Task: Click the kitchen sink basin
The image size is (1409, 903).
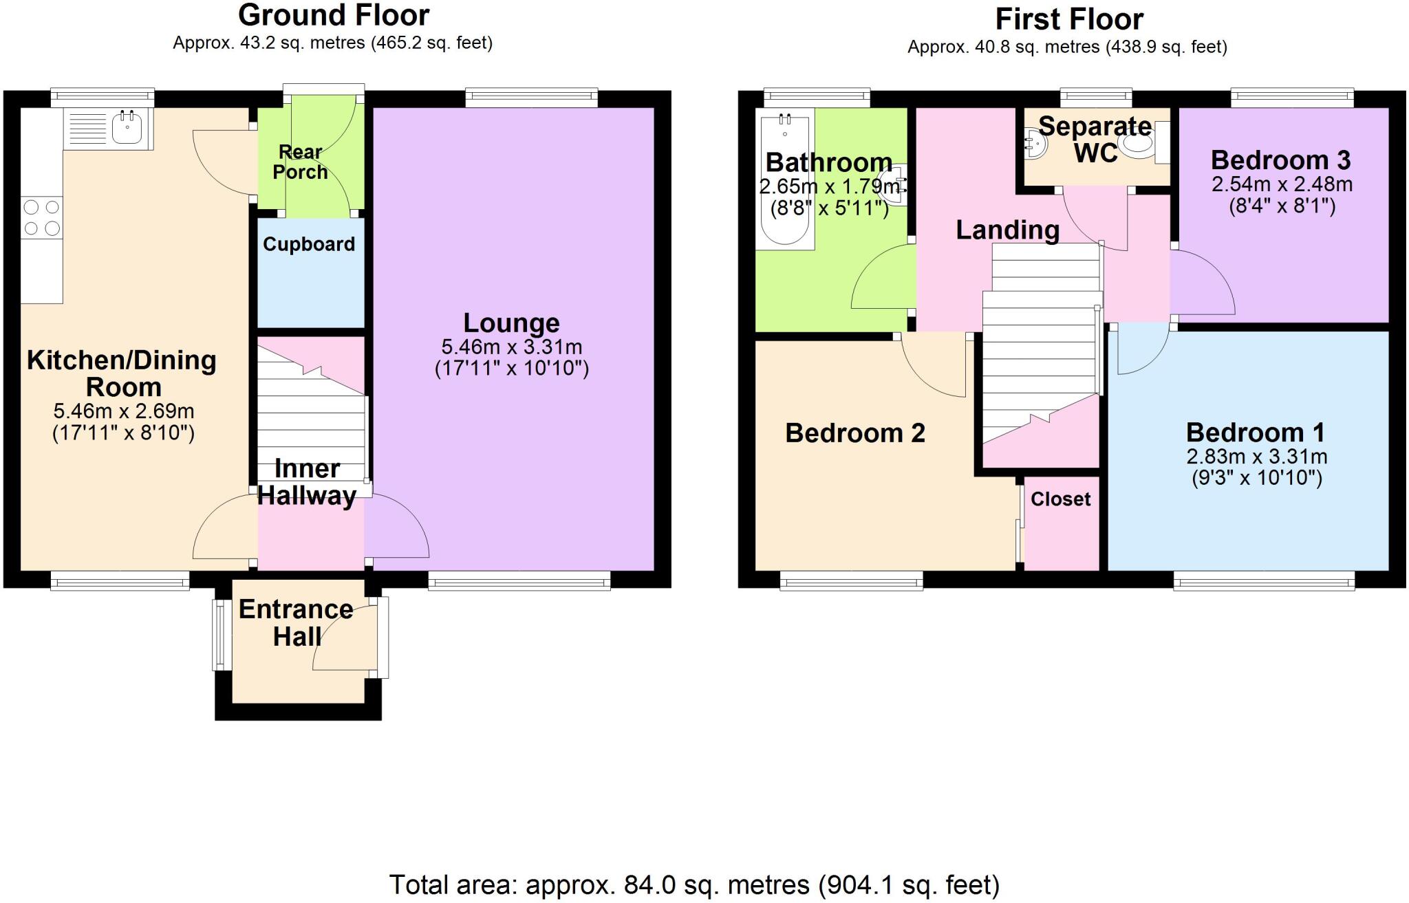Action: [x=127, y=128]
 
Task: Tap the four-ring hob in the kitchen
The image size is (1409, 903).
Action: [x=41, y=217]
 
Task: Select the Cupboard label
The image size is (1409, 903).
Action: [x=309, y=244]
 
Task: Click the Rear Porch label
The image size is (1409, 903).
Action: [x=301, y=162]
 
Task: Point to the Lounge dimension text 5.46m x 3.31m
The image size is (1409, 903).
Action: [x=512, y=347]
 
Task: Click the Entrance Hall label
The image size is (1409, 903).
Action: [x=296, y=623]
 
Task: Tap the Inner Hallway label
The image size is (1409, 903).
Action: [x=307, y=481]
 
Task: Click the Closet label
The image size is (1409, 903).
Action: [x=1061, y=499]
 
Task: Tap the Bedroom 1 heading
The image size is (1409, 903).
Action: [x=1256, y=433]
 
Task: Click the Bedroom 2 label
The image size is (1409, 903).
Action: [x=855, y=433]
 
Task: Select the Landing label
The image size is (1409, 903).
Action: [x=1008, y=230]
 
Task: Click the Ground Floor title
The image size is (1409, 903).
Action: [x=334, y=15]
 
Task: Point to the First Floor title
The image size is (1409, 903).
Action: [x=1069, y=19]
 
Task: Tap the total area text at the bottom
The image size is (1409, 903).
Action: [x=694, y=885]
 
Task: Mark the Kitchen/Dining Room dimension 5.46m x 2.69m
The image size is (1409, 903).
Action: [x=124, y=411]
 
